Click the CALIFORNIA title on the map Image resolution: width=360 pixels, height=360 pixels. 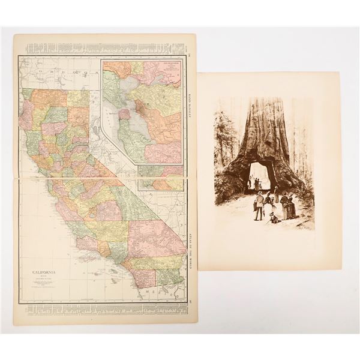45,271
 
